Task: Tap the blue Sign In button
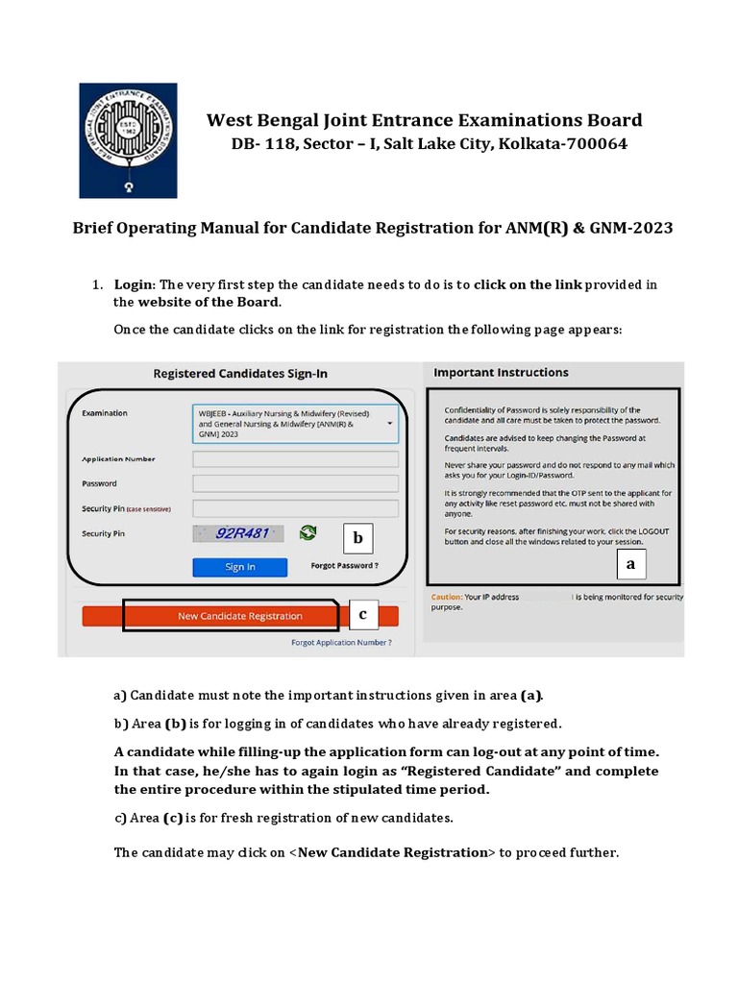(x=239, y=567)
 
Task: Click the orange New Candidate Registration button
(x=239, y=616)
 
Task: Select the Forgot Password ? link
(x=344, y=566)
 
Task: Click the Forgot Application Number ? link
(x=341, y=642)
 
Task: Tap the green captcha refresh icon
(x=307, y=533)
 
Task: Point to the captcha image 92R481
(x=240, y=533)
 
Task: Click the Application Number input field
(x=295, y=459)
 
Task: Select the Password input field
(x=295, y=483)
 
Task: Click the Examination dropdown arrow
(x=390, y=422)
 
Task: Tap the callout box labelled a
(x=630, y=565)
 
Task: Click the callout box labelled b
(x=357, y=538)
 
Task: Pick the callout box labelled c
(x=362, y=614)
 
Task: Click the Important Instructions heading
(x=501, y=373)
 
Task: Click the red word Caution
(x=447, y=597)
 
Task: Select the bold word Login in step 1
(x=134, y=284)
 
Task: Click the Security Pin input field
(x=295, y=508)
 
